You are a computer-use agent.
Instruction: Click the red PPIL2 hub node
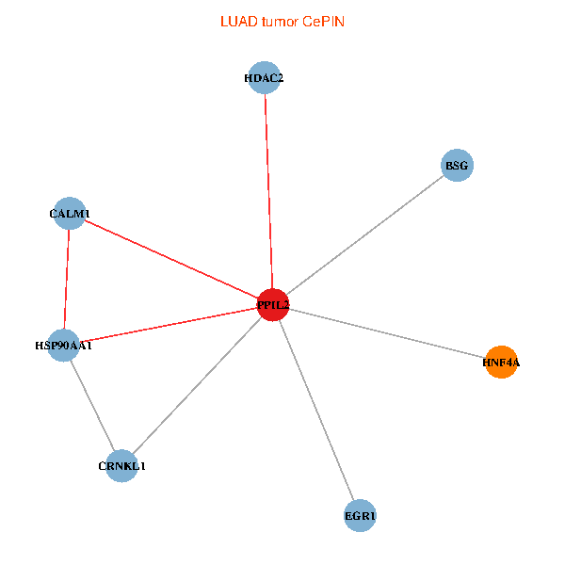(x=272, y=305)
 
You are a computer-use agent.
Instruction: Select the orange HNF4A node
(x=502, y=362)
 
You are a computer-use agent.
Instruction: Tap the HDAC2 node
(x=264, y=78)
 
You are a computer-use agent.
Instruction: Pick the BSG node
(x=457, y=166)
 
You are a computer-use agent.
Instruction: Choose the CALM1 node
(x=70, y=214)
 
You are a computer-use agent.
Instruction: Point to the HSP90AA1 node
(x=63, y=346)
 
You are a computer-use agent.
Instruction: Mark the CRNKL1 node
(x=121, y=466)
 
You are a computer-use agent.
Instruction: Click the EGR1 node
(x=361, y=516)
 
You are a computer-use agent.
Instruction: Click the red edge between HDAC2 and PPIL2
(x=267, y=188)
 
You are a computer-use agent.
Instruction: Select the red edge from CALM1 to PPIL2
(x=169, y=259)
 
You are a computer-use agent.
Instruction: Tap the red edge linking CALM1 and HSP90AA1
(x=67, y=280)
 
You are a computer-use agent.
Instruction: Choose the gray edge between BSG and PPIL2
(x=364, y=235)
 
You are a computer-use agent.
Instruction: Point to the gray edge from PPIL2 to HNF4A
(x=386, y=333)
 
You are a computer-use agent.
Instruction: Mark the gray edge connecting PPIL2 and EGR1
(x=316, y=411)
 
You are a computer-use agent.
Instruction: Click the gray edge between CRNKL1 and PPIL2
(x=197, y=386)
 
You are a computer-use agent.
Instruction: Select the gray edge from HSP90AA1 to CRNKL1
(x=92, y=406)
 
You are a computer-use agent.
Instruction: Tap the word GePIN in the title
(x=323, y=22)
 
